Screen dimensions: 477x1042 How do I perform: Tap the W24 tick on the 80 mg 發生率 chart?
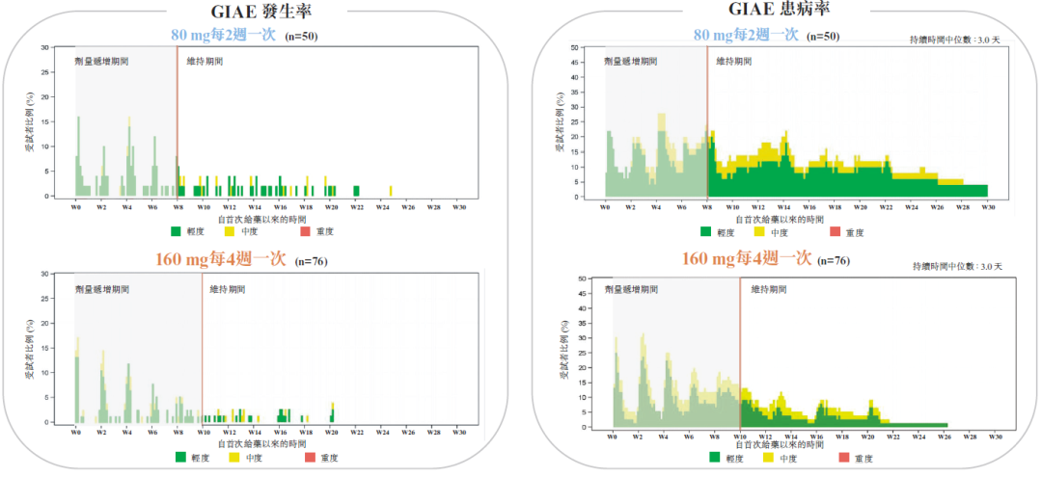tap(382, 206)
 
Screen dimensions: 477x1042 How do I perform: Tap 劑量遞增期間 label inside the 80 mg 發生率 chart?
tap(101, 61)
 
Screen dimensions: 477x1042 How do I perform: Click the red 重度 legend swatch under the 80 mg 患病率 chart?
tap(836, 231)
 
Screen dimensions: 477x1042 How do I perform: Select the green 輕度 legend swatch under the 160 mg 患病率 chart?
tap(715, 458)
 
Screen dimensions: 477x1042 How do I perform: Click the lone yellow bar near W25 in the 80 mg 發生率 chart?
tap(391, 190)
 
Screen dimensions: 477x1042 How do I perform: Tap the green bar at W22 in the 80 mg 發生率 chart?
tap(357, 190)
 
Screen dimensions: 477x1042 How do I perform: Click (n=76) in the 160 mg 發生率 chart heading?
tap(312, 261)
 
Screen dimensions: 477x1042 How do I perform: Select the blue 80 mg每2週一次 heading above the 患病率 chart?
tap(746, 36)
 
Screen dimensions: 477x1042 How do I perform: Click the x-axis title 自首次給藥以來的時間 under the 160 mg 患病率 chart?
tap(781, 445)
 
